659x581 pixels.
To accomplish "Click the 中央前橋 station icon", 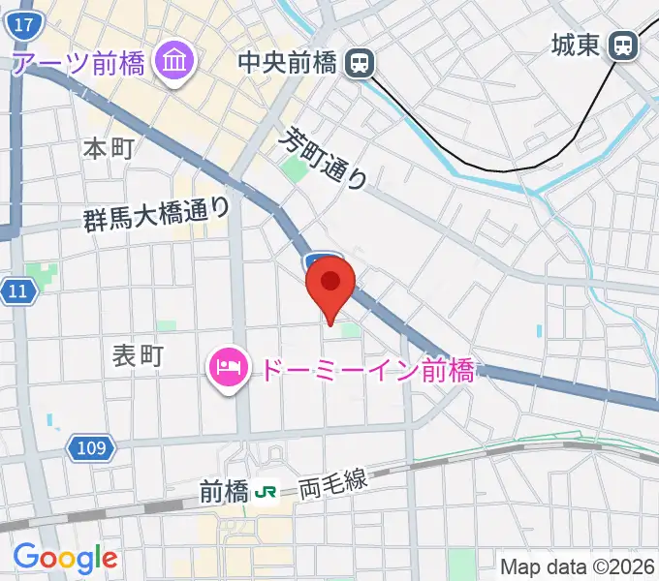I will tap(360, 65).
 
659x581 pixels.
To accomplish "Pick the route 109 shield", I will tap(92, 447).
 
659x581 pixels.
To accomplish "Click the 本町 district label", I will tap(108, 148).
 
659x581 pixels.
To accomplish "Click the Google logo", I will tap(65, 558).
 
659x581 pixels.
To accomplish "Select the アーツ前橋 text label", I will tap(78, 64).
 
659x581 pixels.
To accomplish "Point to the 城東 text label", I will tap(576, 45).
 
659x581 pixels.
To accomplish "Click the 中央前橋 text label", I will tap(288, 64).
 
